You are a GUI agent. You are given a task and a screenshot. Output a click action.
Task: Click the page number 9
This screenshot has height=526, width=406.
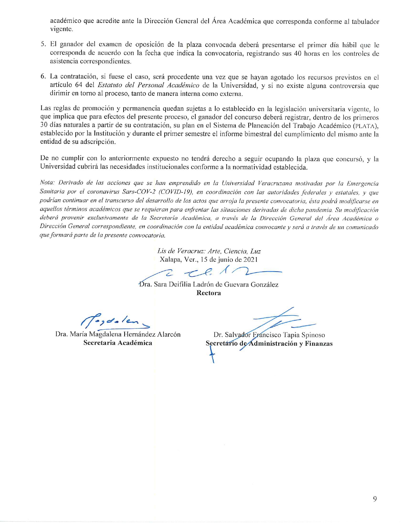click(375, 499)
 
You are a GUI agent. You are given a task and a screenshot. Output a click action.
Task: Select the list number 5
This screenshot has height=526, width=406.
click(43, 45)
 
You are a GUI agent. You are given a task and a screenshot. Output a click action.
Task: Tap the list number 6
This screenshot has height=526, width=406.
click(43, 77)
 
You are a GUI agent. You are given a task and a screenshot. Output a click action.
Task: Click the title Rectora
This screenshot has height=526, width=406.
click(209, 293)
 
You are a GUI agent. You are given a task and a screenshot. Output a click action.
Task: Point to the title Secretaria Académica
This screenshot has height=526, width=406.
click(118, 343)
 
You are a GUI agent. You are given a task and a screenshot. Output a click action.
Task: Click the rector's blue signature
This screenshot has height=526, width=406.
click(210, 272)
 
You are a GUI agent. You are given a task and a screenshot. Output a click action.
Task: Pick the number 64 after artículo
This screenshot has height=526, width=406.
click(79, 85)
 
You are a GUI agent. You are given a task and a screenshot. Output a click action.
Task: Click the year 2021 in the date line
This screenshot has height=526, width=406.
click(250, 259)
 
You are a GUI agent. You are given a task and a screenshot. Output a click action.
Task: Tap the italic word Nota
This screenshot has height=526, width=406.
click(47, 183)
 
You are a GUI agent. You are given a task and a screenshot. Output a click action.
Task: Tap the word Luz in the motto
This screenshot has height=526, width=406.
click(255, 251)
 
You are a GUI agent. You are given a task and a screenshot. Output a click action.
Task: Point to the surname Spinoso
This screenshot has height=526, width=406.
click(313, 335)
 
